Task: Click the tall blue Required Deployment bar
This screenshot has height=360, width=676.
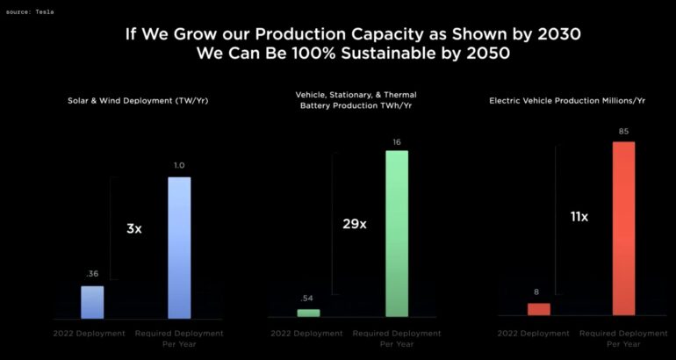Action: tap(179, 247)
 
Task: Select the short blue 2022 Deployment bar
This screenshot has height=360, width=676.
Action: tap(92, 301)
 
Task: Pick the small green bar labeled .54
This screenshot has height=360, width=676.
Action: tap(308, 313)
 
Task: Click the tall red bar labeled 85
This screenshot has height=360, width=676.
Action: tap(623, 228)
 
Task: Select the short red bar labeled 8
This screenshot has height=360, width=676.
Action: tap(538, 309)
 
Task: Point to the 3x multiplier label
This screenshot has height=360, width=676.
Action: tap(133, 228)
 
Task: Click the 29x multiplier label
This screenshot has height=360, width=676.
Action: tap(355, 224)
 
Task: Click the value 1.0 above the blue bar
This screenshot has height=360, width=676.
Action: tap(179, 165)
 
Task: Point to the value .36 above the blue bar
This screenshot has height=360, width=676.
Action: tap(91, 273)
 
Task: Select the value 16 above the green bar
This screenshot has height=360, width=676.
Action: tap(396, 140)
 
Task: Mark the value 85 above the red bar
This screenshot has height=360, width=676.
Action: tap(623, 132)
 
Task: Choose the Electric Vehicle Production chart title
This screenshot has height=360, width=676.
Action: tap(578, 101)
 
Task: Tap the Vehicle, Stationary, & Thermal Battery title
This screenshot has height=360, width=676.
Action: tap(356, 100)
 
